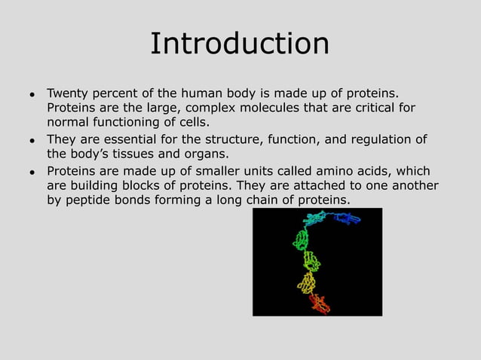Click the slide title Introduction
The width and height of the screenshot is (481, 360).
(240, 43)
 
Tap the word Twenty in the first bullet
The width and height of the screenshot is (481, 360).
(67, 93)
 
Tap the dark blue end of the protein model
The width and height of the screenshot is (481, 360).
(348, 219)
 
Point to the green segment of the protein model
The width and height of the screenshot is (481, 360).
(302, 240)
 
